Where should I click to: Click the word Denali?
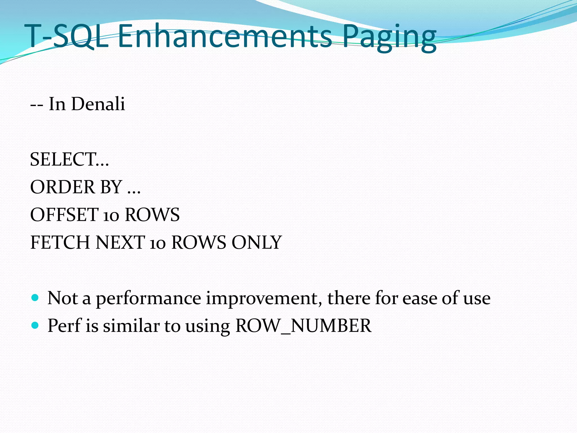tap(98, 104)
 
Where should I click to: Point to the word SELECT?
tap(63, 159)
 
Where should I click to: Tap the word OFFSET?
tap(64, 215)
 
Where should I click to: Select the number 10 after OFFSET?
tap(111, 216)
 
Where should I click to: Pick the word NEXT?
tap(120, 242)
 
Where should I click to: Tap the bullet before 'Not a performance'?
tap(35, 298)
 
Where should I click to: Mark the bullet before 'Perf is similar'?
tap(35, 326)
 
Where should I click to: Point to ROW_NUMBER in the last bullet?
tap(303, 326)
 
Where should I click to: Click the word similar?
tap(131, 326)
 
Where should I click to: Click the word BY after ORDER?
tap(111, 187)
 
